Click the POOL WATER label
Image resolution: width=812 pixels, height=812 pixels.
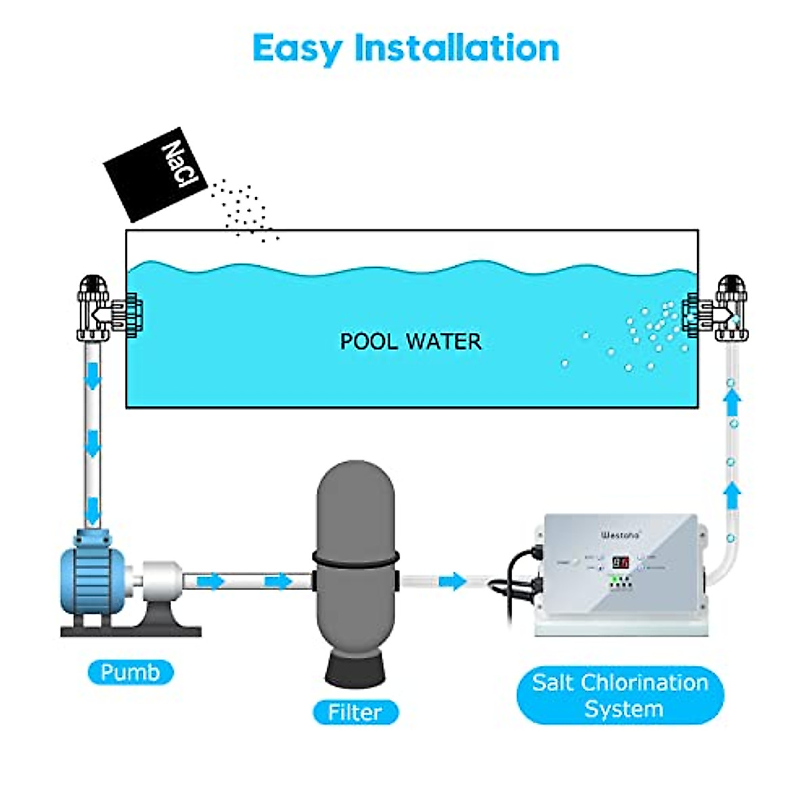coord(410,341)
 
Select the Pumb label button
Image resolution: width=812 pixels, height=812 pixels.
coord(131,673)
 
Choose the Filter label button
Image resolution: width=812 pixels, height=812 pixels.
coord(355,712)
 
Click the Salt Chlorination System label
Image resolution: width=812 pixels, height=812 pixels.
coord(620,696)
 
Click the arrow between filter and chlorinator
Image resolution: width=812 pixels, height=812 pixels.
coord(452,581)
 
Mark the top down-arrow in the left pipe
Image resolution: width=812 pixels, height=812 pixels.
coord(92,376)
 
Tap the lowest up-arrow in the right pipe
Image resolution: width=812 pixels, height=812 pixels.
coord(731,496)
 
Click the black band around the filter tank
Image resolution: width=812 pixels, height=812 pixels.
coord(355,560)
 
